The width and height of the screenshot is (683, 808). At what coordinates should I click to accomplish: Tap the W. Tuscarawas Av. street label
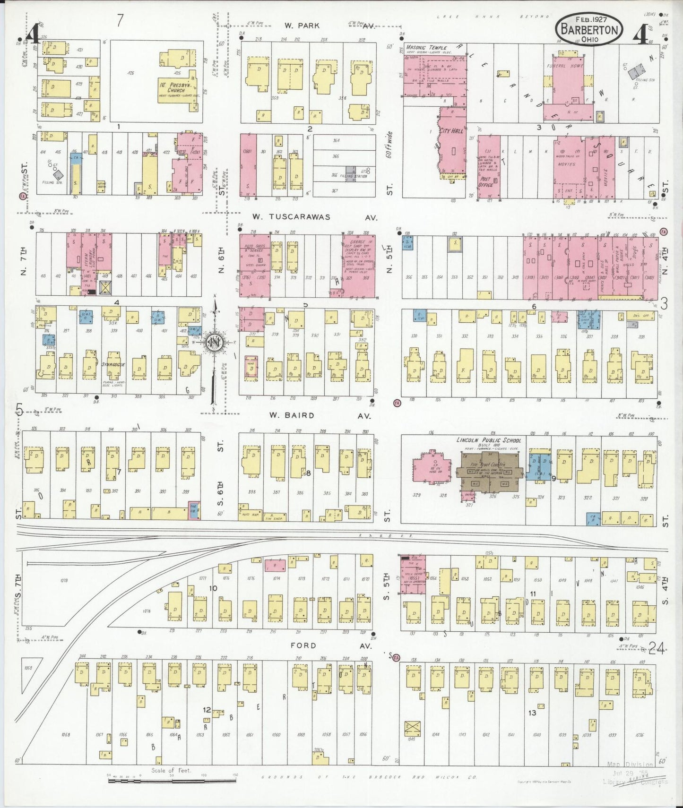(x=314, y=217)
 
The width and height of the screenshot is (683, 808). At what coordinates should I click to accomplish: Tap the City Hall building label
(x=451, y=131)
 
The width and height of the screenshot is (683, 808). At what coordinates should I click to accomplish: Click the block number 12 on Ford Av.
(x=207, y=710)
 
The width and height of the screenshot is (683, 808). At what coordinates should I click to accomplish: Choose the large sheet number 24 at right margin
(x=657, y=649)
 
